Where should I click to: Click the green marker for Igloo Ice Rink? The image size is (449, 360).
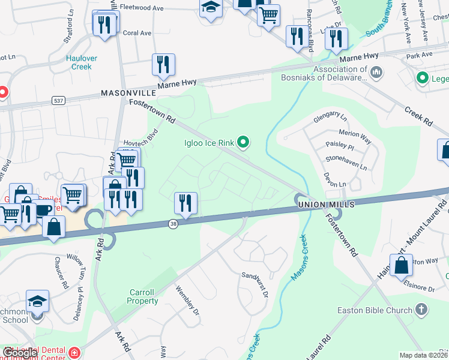click(243, 142)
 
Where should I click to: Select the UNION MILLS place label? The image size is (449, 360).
click(324, 205)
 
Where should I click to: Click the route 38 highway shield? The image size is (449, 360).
click(173, 223)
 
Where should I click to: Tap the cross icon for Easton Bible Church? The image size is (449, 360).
click(421, 310)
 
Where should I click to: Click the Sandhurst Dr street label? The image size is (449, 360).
click(255, 280)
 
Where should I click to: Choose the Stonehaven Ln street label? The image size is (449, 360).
click(345, 161)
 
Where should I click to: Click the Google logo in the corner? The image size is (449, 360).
click(19, 353)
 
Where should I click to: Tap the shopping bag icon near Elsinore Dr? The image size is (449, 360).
click(400, 265)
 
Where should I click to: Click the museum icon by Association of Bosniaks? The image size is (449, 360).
click(376, 73)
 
